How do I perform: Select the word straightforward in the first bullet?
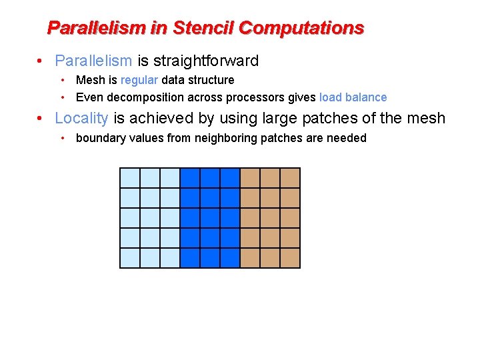206,61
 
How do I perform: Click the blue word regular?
139,80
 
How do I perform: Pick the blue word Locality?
81,119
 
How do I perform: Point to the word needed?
347,138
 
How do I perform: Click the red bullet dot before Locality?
41,119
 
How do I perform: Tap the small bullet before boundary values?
62,138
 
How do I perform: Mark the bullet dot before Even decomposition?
62,97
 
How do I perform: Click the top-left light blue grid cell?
130,178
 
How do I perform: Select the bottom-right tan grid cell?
290,258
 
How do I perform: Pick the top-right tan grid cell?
290,178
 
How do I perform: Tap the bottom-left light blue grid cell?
130,258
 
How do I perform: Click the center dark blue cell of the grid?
210,218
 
